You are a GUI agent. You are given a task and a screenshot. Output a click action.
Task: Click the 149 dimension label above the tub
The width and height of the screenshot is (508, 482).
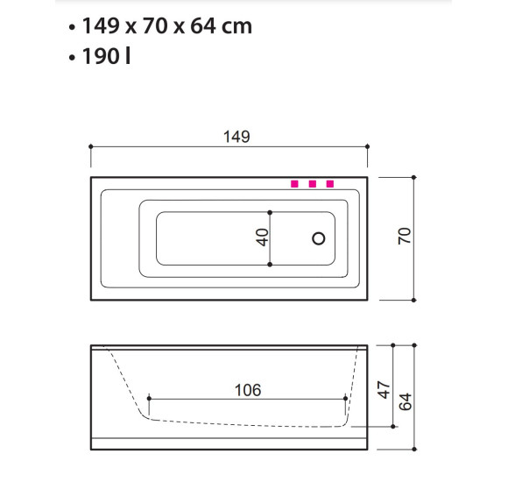pyautogui.click(x=236, y=137)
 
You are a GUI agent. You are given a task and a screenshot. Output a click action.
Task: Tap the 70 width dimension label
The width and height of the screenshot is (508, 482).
pyautogui.click(x=405, y=236)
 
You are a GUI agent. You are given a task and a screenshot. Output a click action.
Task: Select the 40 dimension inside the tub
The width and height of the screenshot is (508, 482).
pyautogui.click(x=262, y=237)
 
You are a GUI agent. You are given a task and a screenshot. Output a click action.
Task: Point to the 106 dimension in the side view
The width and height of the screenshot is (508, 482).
pyautogui.click(x=248, y=390)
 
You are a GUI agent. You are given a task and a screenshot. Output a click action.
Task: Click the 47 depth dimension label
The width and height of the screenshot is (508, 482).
pyautogui.click(x=384, y=390)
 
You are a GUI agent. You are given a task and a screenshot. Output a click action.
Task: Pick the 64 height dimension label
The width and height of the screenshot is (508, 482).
pyautogui.click(x=405, y=401)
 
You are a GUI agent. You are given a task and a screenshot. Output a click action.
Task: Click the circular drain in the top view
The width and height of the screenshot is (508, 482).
pyautogui.click(x=319, y=238)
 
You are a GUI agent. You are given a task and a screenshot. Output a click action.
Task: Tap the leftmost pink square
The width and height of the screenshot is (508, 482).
pyautogui.click(x=294, y=184)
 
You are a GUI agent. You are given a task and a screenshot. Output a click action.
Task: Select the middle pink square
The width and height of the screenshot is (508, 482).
pyautogui.click(x=313, y=184)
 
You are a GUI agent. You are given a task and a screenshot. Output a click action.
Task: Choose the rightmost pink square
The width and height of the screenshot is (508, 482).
pyautogui.click(x=330, y=184)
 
